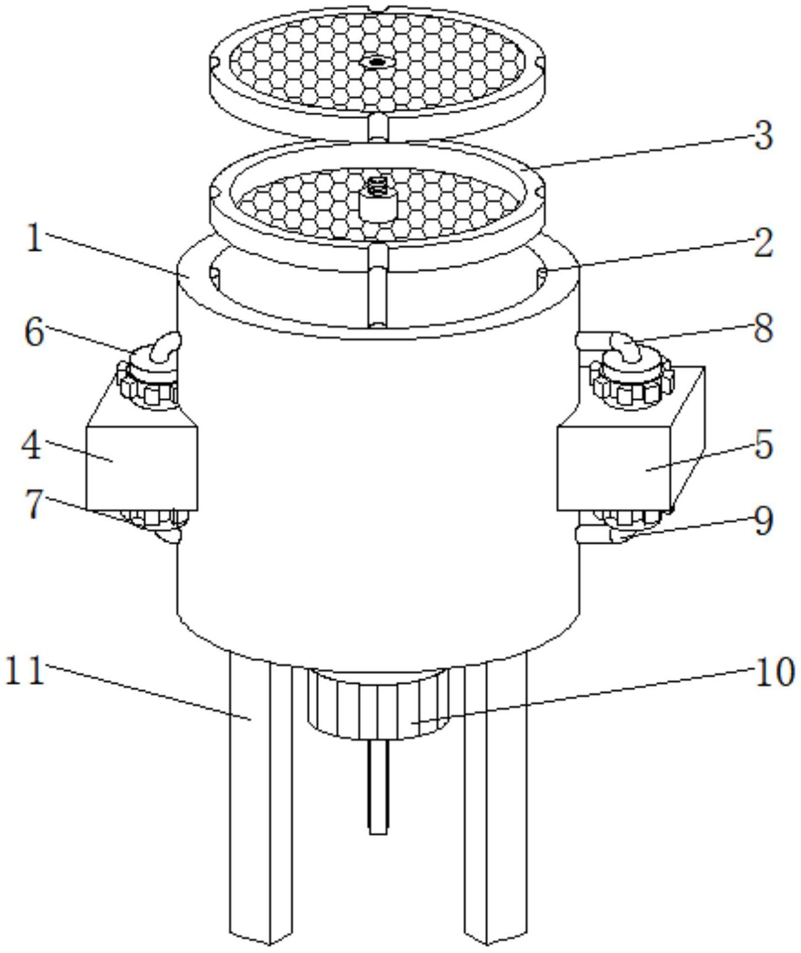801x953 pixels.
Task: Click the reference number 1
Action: [x=34, y=237]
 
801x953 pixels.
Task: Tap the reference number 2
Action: [x=762, y=242]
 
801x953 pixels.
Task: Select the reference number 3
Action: [x=763, y=135]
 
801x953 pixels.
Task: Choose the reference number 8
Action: [x=763, y=328]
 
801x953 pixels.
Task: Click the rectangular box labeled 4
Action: [x=141, y=468]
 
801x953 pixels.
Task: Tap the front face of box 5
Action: [x=614, y=468]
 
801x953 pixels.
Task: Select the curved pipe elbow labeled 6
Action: [x=166, y=348]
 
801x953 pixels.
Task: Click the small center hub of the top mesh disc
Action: [x=377, y=61]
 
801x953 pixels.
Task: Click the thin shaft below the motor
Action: [x=378, y=785]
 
